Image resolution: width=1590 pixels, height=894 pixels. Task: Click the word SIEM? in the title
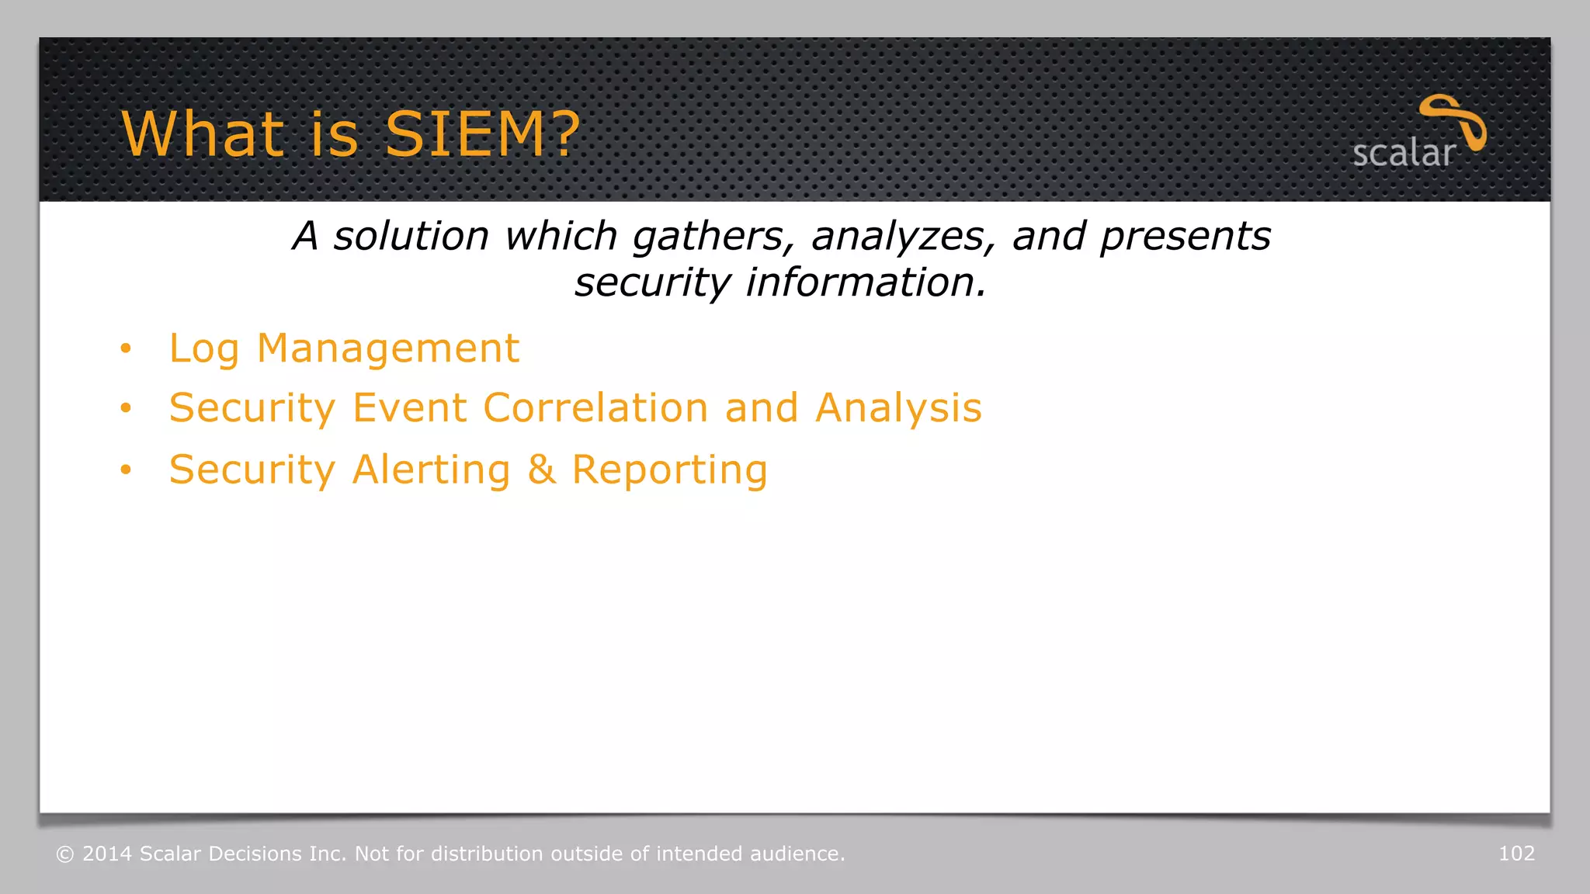click(x=482, y=133)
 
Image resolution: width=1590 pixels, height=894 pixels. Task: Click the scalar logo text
click(x=1403, y=153)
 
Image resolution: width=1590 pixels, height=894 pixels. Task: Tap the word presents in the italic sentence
click(x=1185, y=236)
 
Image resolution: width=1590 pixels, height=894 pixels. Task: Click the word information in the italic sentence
click(x=866, y=282)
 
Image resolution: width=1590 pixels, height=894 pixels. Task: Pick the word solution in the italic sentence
click(x=411, y=236)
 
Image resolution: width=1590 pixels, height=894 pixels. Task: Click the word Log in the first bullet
click(x=203, y=348)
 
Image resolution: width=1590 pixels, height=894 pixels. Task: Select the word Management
click(x=387, y=348)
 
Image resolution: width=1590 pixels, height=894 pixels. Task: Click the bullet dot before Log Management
click(x=126, y=348)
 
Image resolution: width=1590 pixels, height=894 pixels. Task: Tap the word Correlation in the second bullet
click(x=595, y=408)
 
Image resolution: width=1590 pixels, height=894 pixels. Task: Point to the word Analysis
click(x=898, y=408)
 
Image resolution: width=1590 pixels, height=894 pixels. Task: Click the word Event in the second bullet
click(x=409, y=408)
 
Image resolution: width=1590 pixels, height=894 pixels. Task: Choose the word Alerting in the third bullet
click(x=432, y=470)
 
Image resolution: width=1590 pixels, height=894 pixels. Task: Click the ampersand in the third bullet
click(x=542, y=470)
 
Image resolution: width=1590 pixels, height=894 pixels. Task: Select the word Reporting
click(x=669, y=470)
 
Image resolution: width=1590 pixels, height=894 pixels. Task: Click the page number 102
click(x=1516, y=854)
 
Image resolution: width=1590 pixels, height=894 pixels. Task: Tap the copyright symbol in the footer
click(x=65, y=854)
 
